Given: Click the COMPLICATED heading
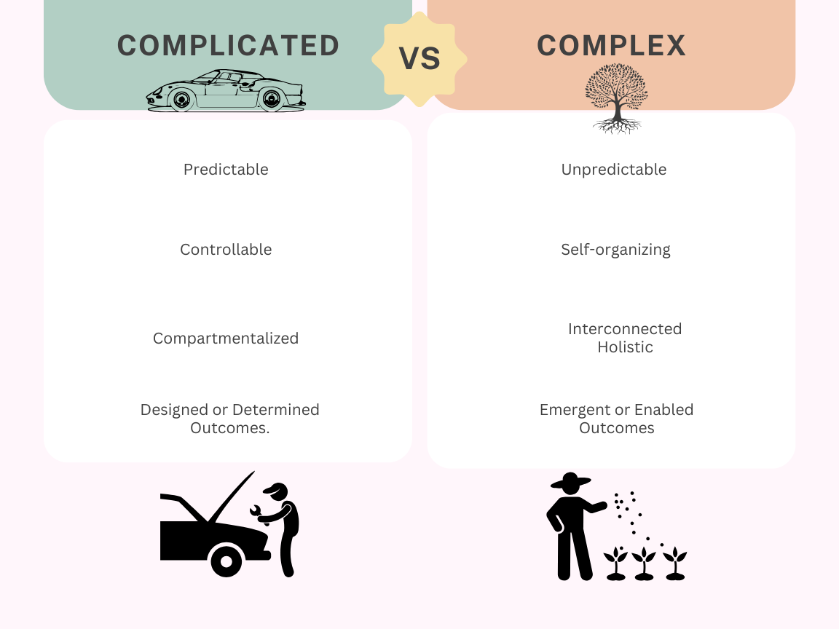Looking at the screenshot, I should pyautogui.click(x=228, y=46).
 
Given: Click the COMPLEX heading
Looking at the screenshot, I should pyautogui.click(x=611, y=46).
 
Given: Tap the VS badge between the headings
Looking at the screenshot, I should pyautogui.click(x=419, y=59).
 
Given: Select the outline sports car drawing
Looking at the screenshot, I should pyautogui.click(x=226, y=92).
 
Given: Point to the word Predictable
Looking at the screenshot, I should pyautogui.click(x=226, y=170).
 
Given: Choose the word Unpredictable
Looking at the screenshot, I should pyautogui.click(x=613, y=170).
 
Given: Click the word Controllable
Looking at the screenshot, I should pyautogui.click(x=226, y=250).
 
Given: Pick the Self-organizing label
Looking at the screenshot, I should pyautogui.click(x=615, y=250).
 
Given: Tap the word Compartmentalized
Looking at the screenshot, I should pyautogui.click(x=226, y=339).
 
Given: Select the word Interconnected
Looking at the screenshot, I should pyautogui.click(x=625, y=329).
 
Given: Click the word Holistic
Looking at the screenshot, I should pyautogui.click(x=625, y=347).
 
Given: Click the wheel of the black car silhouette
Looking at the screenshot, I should pyautogui.click(x=226, y=561).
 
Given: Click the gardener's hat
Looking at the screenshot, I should pyautogui.click(x=570, y=481).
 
